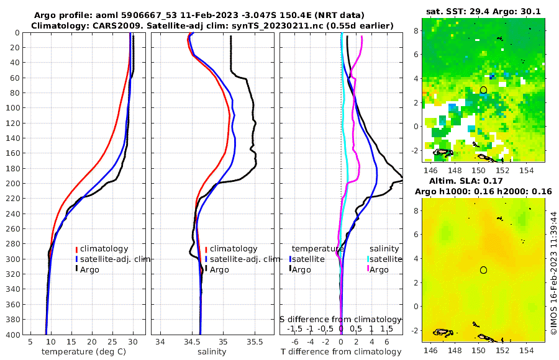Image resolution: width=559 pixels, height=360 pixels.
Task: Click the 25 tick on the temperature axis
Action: [x=112, y=341]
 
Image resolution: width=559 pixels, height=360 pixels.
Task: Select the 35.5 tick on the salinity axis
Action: [x=255, y=341]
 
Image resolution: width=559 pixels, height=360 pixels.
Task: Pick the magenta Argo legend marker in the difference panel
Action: [x=368, y=269]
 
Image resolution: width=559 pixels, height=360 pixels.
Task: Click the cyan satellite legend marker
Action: [x=368, y=259]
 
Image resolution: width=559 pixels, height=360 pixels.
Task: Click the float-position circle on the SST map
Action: [x=483, y=90]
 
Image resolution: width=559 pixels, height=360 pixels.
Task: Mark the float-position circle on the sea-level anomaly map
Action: [x=483, y=270]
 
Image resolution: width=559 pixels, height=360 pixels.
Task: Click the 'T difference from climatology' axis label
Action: [x=341, y=352]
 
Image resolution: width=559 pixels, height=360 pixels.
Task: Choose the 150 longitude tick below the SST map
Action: [x=478, y=170]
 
